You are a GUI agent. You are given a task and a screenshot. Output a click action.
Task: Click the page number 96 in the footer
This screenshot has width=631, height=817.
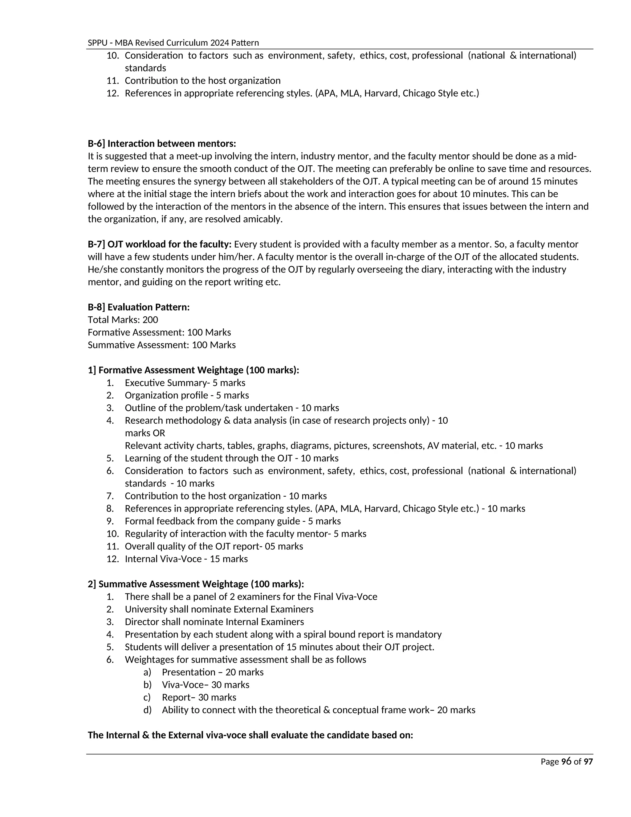click(566, 761)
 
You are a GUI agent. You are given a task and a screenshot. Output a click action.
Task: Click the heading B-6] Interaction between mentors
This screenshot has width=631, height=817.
click(162, 144)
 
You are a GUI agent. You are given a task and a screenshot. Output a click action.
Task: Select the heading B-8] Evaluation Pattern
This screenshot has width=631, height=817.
click(139, 307)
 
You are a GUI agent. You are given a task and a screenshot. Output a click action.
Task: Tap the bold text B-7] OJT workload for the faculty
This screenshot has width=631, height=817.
click(160, 244)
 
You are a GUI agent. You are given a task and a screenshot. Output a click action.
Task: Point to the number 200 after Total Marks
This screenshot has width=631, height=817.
click(150, 320)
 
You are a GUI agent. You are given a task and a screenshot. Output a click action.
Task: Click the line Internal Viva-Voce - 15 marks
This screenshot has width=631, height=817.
click(186, 559)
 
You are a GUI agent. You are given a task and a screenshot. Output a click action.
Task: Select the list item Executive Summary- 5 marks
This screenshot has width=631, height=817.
click(185, 383)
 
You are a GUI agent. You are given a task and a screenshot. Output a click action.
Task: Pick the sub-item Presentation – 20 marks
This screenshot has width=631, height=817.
click(213, 672)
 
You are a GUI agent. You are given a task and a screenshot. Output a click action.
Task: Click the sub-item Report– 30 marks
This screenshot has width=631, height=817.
click(199, 697)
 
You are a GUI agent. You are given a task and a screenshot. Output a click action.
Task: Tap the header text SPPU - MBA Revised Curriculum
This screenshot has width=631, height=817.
click(173, 43)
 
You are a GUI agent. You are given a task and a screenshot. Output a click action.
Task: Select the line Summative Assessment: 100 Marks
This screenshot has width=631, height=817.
click(161, 345)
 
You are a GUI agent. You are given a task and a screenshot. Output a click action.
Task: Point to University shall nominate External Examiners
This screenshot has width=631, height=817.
click(219, 610)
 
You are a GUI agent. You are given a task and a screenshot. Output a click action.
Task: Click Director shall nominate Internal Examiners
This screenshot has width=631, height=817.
click(214, 622)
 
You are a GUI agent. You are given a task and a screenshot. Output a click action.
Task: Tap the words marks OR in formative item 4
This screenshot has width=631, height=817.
click(145, 433)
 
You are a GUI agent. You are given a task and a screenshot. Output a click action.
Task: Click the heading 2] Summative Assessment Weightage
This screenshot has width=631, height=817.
click(196, 584)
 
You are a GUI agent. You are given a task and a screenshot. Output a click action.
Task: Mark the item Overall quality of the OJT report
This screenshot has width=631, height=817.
click(214, 546)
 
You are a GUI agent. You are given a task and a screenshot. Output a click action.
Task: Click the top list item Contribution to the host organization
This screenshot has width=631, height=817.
click(203, 81)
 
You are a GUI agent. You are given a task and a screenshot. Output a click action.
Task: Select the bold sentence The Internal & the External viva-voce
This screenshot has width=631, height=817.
click(250, 735)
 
